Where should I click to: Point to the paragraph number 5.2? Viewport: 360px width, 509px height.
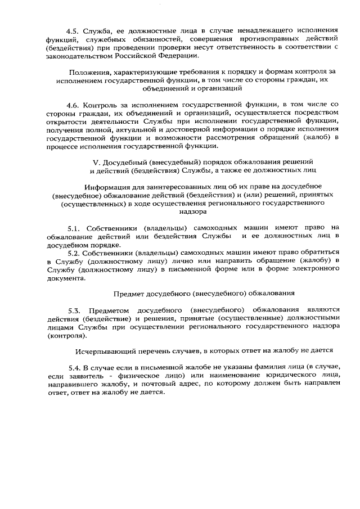[x=74, y=252]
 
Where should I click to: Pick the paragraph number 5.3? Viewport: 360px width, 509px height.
[x=74, y=310]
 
